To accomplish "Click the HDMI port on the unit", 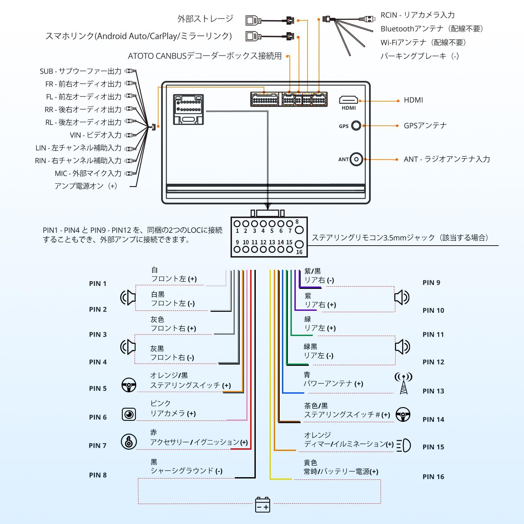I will (x=348, y=100).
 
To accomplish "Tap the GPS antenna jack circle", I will (x=356, y=126).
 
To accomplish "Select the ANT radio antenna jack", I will (x=356, y=159).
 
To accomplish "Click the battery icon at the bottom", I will (x=263, y=505).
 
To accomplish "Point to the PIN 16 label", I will (x=433, y=477).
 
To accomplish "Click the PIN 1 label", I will (x=98, y=284).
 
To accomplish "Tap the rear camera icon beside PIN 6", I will (x=129, y=414).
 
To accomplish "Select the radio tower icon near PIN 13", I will (x=403, y=383).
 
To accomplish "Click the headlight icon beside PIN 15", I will (x=403, y=445).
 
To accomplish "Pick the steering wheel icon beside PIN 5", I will (x=129, y=385).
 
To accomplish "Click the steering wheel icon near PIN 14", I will (x=403, y=415).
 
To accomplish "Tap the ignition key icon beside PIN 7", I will (x=129, y=441).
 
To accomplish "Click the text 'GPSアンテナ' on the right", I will (x=425, y=126).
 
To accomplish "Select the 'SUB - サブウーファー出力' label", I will (x=81, y=71).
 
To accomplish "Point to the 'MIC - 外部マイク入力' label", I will (x=88, y=174).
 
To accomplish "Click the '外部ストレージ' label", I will (x=205, y=19).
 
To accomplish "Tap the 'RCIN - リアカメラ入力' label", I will (x=418, y=15).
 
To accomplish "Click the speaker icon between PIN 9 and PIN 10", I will (x=402, y=297).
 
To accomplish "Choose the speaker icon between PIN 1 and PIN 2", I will (x=128, y=297).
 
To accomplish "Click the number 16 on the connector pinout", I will (x=299, y=252).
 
